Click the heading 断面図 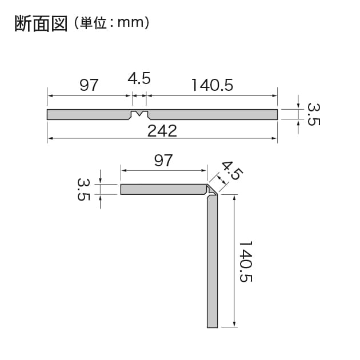41,23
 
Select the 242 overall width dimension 162,131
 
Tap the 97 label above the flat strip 89,85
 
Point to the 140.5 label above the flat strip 212,85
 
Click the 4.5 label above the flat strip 139,78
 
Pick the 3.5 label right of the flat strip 314,114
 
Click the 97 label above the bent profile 163,161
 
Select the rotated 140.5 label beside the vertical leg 246,261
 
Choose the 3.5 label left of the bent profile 83,189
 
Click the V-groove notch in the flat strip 139,114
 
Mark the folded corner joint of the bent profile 212,190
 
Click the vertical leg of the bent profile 213,261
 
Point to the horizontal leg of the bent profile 163,189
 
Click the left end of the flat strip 47,114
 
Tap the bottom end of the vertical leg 213,327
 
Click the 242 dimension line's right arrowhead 274,138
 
